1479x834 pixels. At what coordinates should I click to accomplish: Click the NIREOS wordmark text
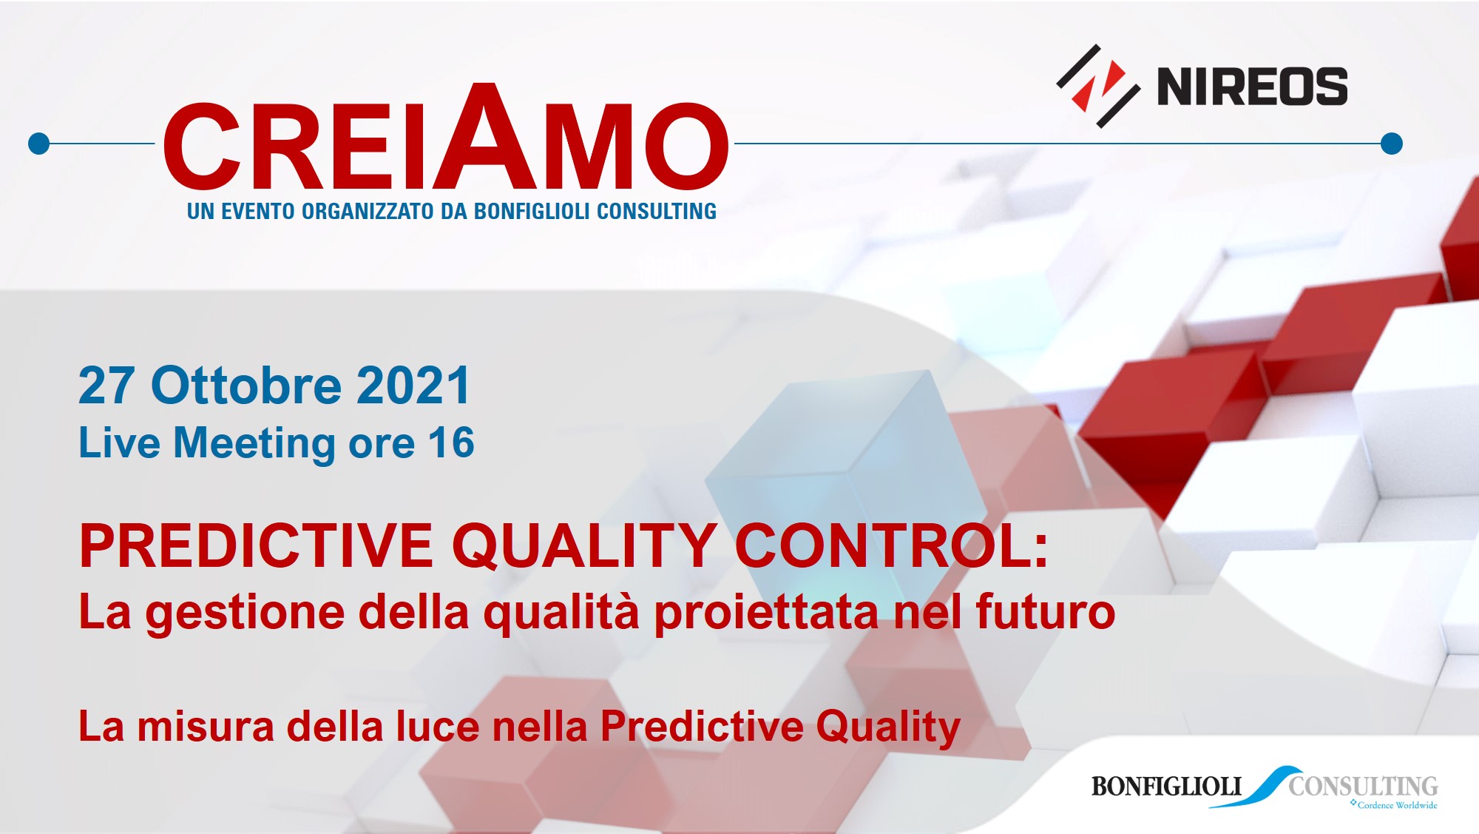tap(1252, 87)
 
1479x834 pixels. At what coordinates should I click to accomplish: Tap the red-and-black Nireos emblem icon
tap(1097, 86)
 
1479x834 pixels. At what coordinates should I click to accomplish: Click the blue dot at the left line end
tap(38, 144)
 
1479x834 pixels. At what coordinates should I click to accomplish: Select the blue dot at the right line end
tap(1392, 144)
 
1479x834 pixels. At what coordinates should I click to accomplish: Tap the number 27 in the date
tap(107, 386)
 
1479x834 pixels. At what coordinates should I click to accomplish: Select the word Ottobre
tap(246, 386)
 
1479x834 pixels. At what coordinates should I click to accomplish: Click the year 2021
tap(413, 386)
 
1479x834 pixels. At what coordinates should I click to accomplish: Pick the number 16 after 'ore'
tap(451, 443)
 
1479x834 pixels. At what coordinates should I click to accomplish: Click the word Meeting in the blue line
tap(254, 444)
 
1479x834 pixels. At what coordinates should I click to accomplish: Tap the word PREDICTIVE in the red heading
tap(256, 546)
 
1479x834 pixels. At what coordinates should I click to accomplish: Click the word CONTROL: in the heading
tap(892, 546)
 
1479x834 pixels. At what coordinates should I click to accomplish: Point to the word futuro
tap(1046, 612)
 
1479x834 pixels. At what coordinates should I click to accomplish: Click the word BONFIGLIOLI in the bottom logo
tap(1166, 786)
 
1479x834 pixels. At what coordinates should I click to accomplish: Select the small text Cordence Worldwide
tap(1398, 805)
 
